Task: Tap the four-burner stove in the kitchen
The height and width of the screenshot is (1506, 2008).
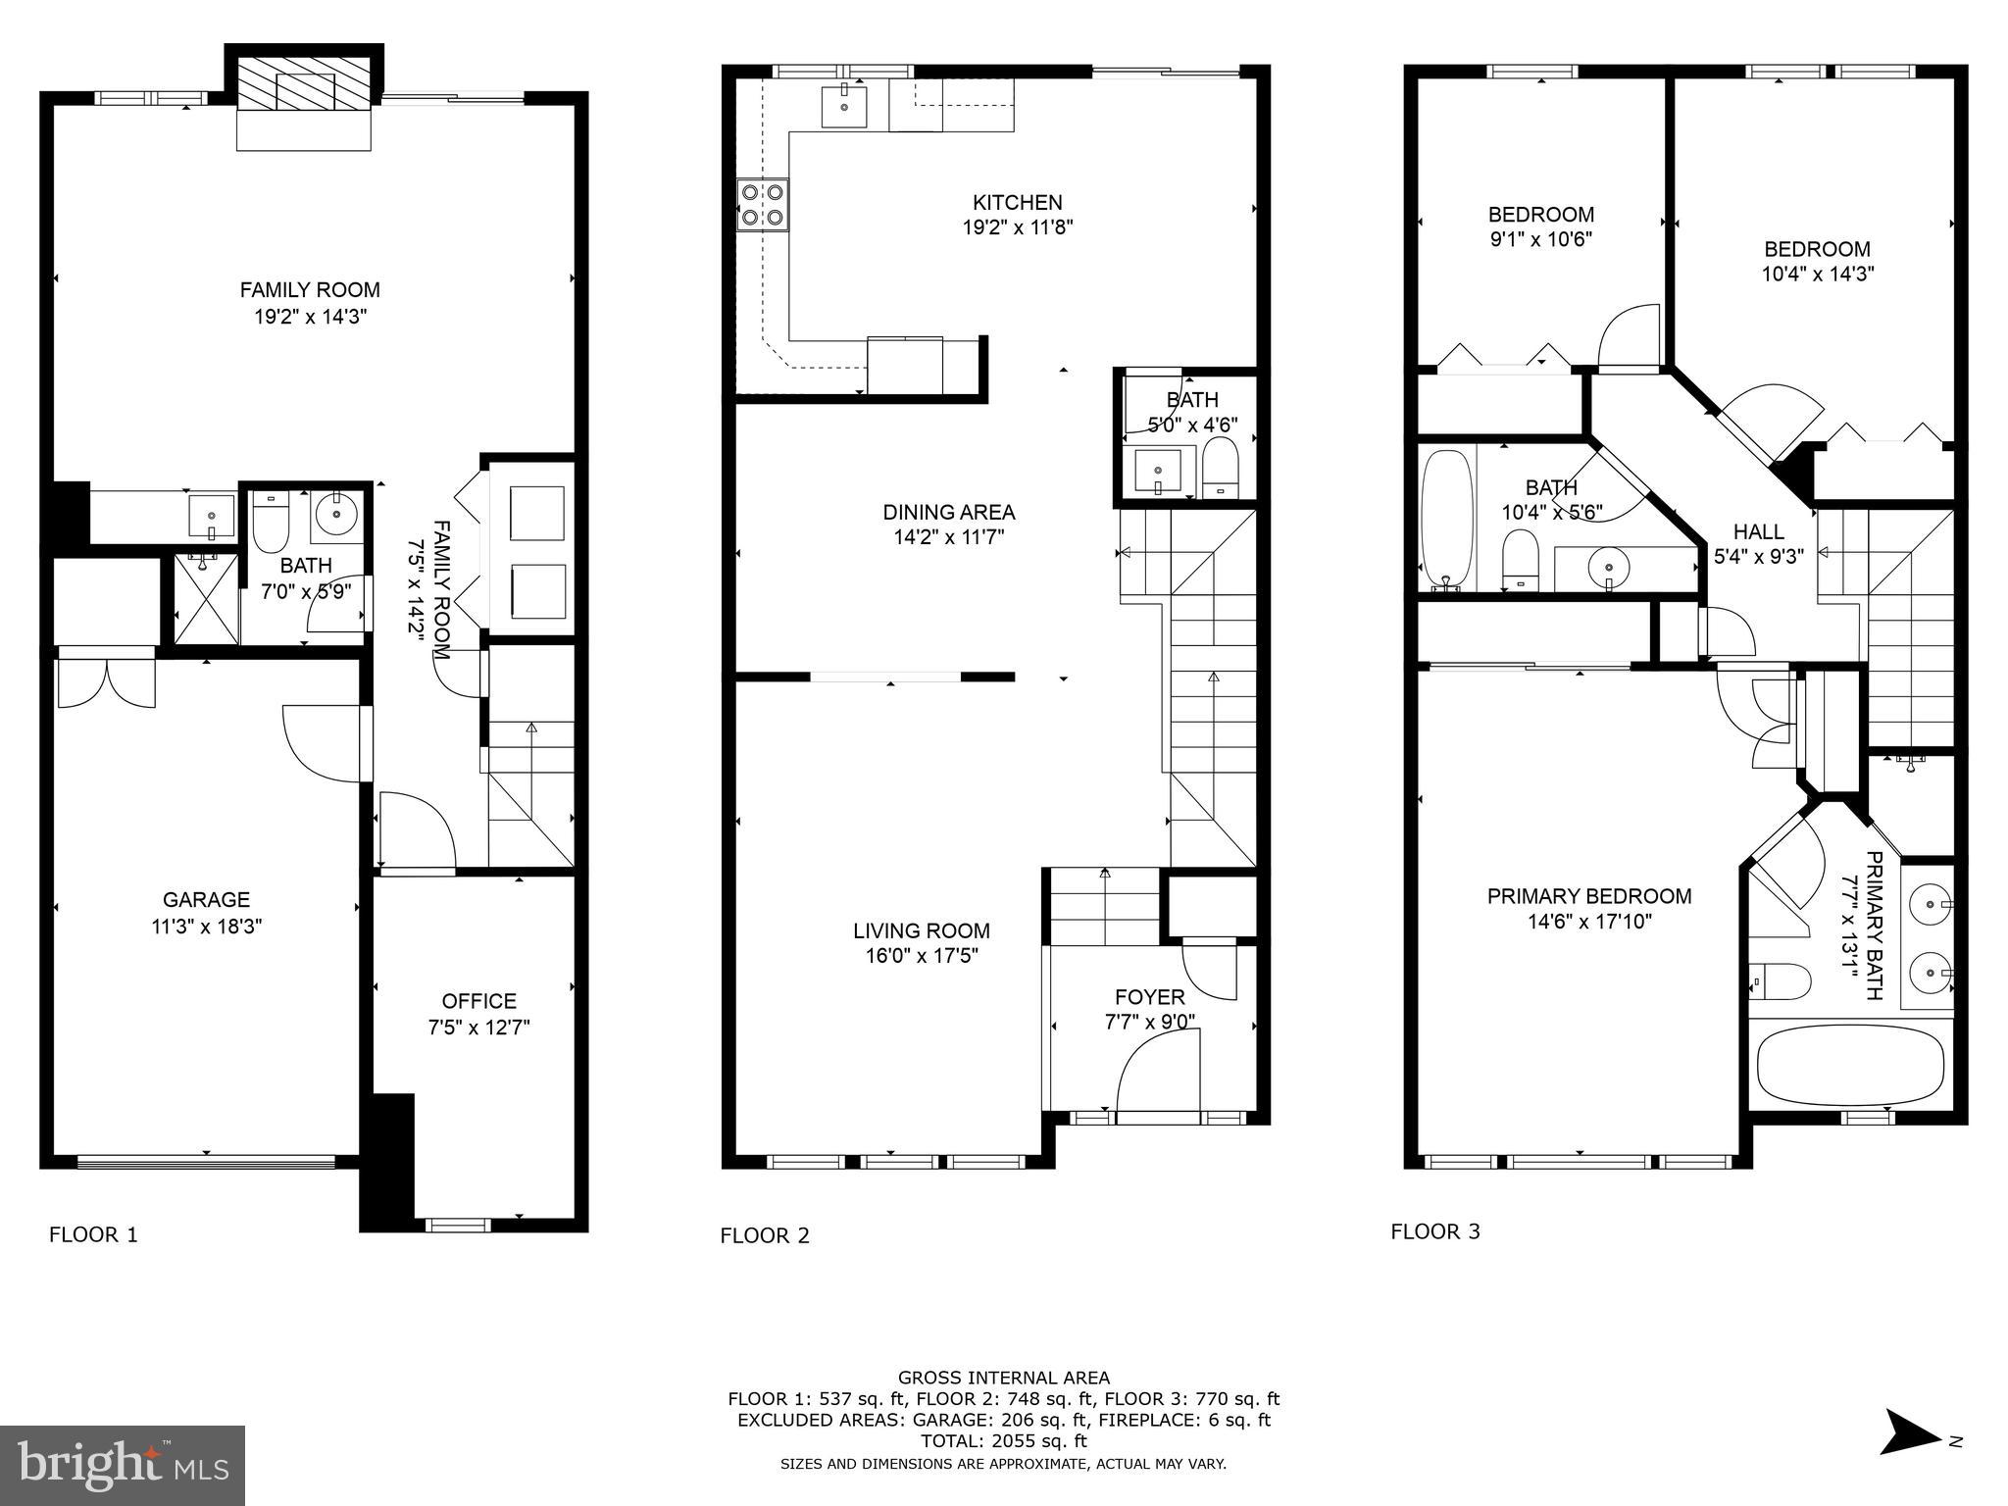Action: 763,206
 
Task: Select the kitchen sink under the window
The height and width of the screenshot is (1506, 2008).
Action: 844,106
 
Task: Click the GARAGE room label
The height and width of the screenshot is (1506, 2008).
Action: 206,899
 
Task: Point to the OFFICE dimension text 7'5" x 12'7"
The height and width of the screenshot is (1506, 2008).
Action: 478,1028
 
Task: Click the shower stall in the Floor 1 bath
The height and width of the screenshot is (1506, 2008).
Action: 206,599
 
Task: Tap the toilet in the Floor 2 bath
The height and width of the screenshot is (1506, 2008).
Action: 1221,468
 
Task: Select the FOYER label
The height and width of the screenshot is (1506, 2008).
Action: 1150,997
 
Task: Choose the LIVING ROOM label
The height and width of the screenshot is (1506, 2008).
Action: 921,930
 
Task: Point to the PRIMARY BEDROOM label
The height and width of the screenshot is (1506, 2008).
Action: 1588,896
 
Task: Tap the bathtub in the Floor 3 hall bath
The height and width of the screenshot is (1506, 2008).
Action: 1446,522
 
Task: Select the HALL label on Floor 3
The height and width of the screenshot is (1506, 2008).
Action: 1758,532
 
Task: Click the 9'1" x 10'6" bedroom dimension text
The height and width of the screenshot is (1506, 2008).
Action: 1540,239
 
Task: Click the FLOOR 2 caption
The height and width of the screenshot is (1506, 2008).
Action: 765,1235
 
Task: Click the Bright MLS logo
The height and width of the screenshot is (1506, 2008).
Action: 123,1466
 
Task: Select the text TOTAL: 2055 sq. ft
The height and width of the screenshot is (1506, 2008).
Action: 1003,1441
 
